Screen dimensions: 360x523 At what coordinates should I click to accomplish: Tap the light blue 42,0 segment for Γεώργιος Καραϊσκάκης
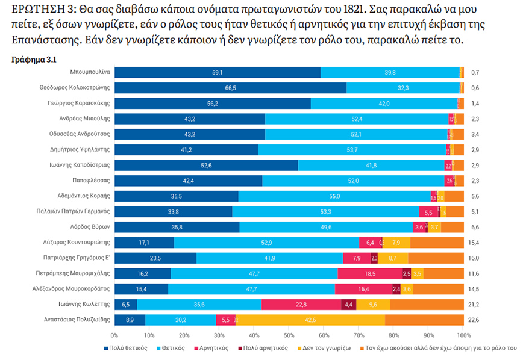tap(384, 104)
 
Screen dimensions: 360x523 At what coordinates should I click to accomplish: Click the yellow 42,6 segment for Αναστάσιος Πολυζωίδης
tap(311, 320)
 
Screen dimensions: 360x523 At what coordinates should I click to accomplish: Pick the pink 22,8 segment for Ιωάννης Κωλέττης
tap(301, 305)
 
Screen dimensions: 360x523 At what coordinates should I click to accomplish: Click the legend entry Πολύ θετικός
tap(132, 349)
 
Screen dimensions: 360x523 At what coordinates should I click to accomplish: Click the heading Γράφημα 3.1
tap(34, 60)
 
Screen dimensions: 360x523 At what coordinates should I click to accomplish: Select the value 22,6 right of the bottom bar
tap(475, 320)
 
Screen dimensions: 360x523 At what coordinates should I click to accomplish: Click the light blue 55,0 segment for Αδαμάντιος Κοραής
tap(334, 196)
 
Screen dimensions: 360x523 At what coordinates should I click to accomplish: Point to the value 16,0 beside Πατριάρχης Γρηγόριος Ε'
tap(475, 258)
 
